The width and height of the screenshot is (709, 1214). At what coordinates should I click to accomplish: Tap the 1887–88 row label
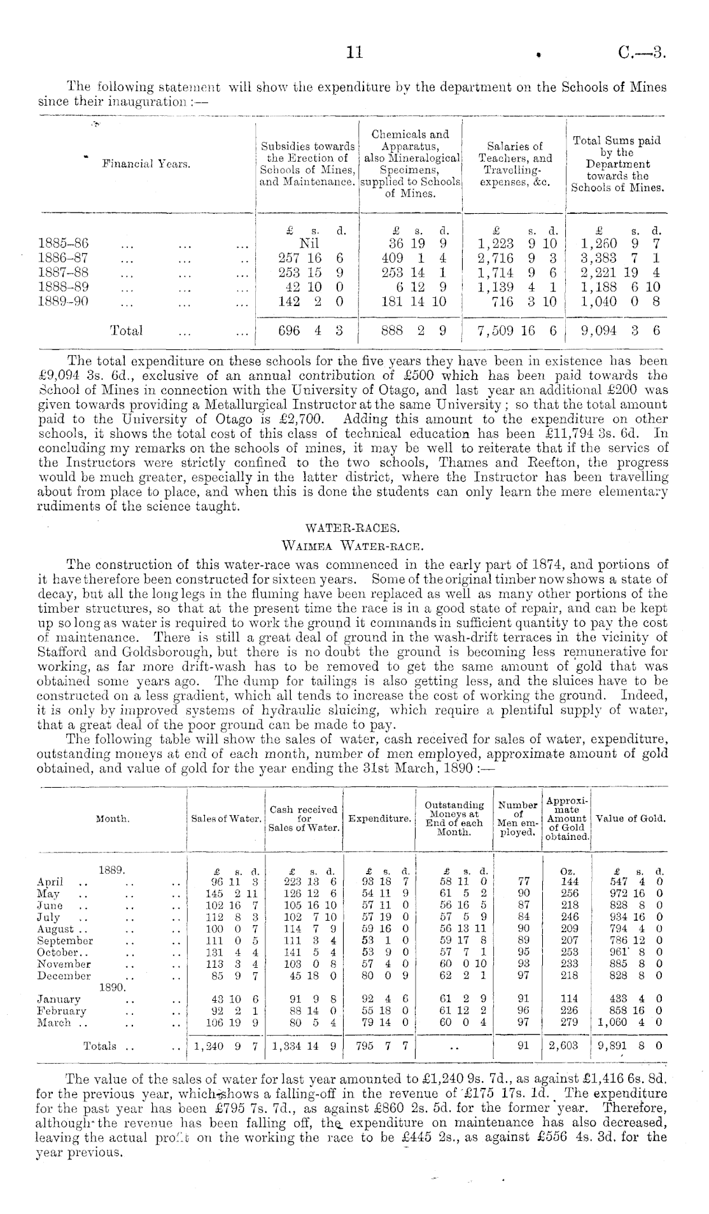click(x=64, y=273)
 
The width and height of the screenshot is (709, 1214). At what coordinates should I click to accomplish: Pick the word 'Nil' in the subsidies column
click(x=309, y=243)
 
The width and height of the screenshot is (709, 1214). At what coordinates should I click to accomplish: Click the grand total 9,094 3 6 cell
click(x=621, y=330)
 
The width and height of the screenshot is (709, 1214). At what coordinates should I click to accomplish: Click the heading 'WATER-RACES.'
click(x=354, y=527)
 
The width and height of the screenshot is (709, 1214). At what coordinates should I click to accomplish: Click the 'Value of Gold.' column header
click(x=630, y=818)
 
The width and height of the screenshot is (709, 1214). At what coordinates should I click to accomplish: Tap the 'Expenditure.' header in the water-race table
click(x=379, y=818)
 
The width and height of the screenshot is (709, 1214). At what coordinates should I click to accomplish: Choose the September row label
click(x=65, y=940)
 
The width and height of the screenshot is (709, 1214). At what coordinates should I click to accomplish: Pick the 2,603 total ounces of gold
click(x=566, y=1046)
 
